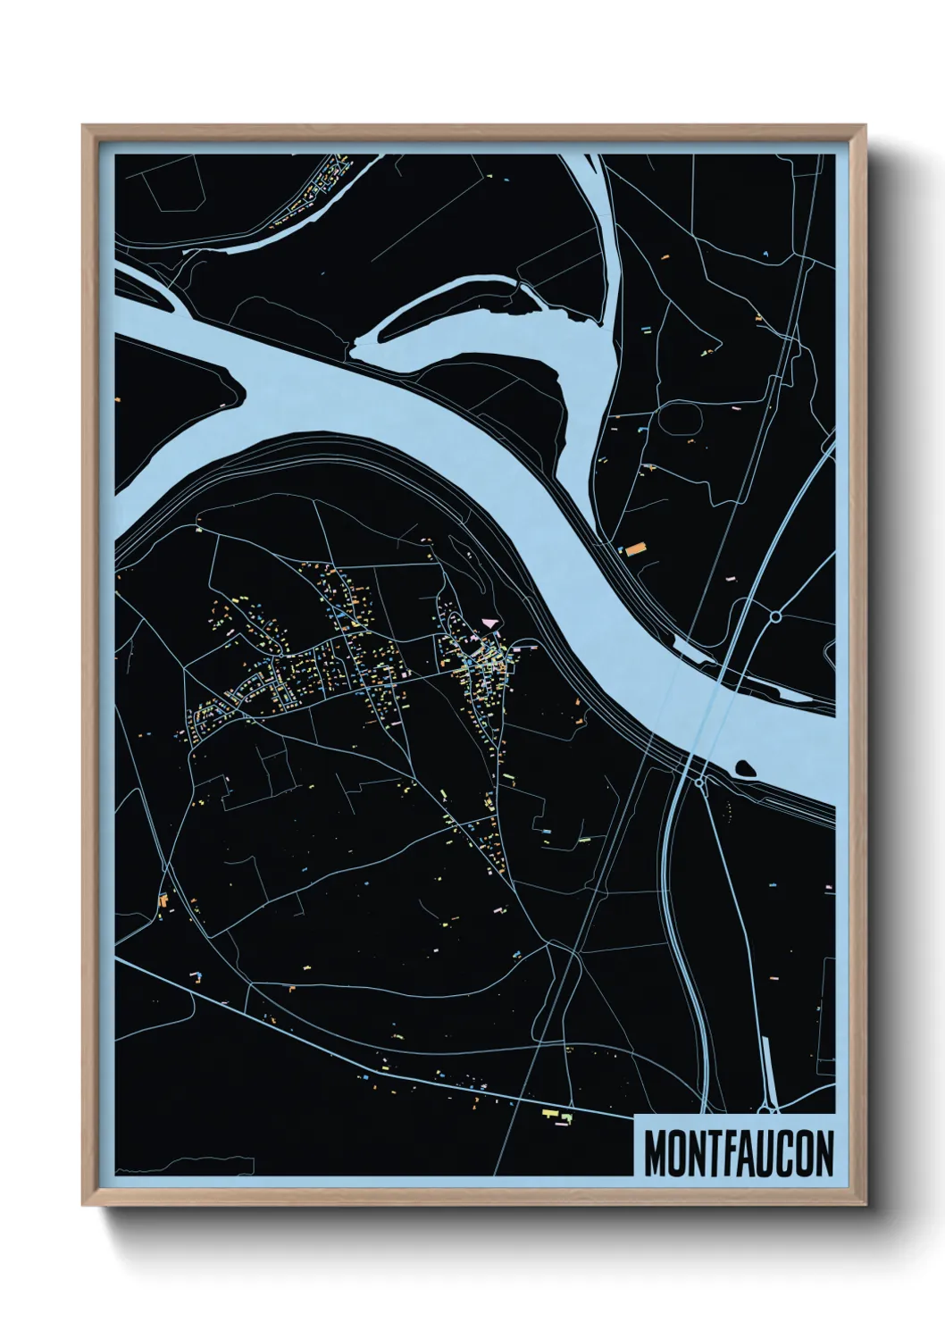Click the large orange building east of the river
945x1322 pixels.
tap(634, 548)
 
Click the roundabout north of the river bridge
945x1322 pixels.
tap(776, 615)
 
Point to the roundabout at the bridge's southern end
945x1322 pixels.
tap(699, 782)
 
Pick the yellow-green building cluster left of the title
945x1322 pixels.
tap(556, 1116)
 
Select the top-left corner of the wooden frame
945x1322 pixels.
tap(84, 127)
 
